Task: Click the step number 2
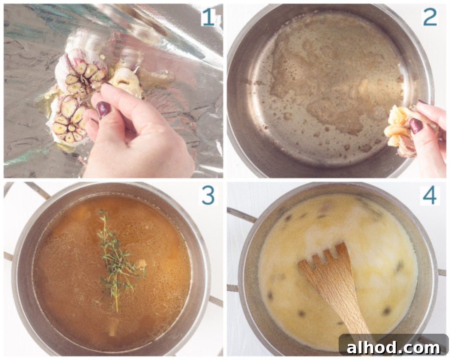click(430, 17)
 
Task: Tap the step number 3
click(208, 195)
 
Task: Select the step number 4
click(430, 196)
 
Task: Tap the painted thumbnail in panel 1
click(103, 110)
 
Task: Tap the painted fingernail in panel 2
click(416, 126)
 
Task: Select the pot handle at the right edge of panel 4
click(442, 272)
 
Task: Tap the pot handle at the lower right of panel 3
click(215, 301)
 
